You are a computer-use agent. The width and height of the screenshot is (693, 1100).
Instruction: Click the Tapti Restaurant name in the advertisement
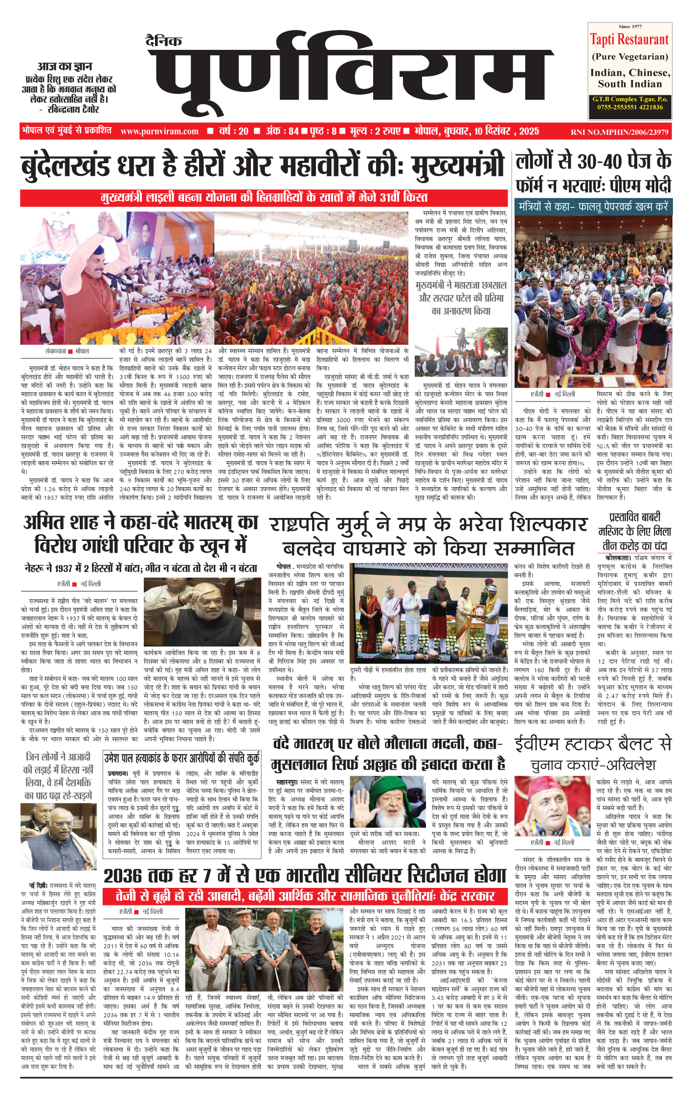[x=629, y=39]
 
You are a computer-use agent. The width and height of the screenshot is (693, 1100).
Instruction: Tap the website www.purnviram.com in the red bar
[x=159, y=131]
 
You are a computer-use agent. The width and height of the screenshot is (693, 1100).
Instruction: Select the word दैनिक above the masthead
[x=164, y=41]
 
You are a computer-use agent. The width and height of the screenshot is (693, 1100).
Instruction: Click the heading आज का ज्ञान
[x=65, y=66]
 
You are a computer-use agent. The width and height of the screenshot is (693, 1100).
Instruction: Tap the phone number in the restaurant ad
[x=630, y=107]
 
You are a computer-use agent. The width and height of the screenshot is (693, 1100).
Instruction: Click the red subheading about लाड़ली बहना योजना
[x=264, y=198]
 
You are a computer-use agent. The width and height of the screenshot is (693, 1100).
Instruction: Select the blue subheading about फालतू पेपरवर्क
[x=593, y=206]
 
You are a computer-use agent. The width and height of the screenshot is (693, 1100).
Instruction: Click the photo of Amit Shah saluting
[x=202, y=611]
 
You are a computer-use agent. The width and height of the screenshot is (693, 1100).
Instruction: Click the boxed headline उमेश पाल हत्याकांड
[x=181, y=758]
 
